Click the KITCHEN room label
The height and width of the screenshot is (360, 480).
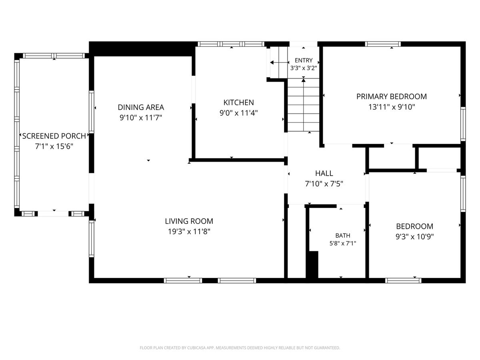pyautogui.click(x=238, y=102)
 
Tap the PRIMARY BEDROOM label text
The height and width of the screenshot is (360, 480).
pyautogui.click(x=392, y=96)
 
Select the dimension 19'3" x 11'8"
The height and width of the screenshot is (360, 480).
pyautogui.click(x=189, y=232)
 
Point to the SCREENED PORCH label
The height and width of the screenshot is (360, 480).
pyautogui.click(x=54, y=136)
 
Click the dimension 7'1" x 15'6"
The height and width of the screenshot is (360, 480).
pyautogui.click(x=54, y=146)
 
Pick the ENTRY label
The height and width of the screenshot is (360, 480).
pyautogui.click(x=304, y=60)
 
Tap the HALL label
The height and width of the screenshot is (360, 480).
pyautogui.click(x=324, y=173)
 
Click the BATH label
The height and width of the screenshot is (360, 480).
pyautogui.click(x=343, y=236)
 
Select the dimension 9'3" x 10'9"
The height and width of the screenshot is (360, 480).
pyautogui.click(x=415, y=236)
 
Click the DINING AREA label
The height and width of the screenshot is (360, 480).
pyautogui.click(x=141, y=107)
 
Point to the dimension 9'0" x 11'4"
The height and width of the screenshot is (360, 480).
pyautogui.click(x=238, y=113)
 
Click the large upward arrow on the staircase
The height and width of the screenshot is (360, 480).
pyautogui.click(x=303, y=105)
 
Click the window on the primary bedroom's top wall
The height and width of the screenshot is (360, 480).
pyautogui.click(x=383, y=44)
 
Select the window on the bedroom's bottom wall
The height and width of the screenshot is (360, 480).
pyautogui.click(x=403, y=280)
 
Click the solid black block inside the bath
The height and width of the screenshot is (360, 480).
pyautogui.click(x=312, y=265)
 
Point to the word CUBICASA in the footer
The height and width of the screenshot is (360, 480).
pyautogui.click(x=196, y=348)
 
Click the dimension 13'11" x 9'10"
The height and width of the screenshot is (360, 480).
pyautogui.click(x=392, y=107)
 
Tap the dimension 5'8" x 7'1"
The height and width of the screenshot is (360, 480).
pyautogui.click(x=343, y=243)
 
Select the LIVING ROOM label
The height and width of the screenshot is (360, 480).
pyautogui.click(x=189, y=221)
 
